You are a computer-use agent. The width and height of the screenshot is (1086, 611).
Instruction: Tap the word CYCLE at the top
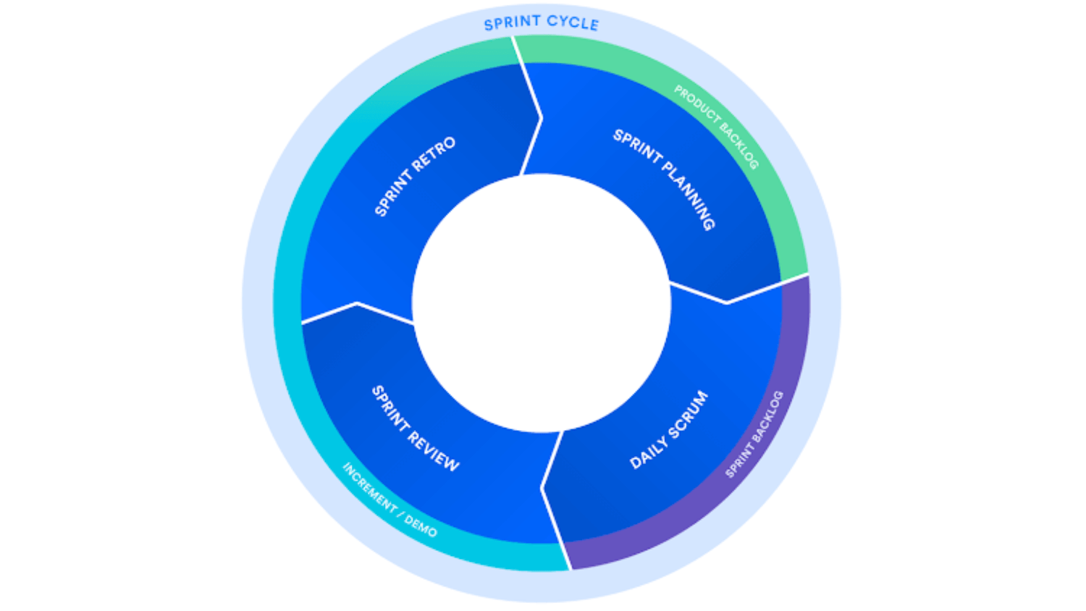[573, 22]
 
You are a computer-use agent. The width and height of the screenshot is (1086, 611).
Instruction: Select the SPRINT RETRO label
[415, 176]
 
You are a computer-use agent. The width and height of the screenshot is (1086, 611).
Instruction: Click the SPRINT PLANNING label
[665, 179]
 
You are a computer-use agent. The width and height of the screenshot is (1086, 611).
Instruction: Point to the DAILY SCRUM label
[669, 429]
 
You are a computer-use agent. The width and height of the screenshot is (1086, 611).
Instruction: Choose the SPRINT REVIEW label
[416, 429]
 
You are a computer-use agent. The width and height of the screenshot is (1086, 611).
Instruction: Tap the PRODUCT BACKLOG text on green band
[716, 127]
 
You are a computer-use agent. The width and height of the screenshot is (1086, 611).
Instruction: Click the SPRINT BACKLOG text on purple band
[754, 434]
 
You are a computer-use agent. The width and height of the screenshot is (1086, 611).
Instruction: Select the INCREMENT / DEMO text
[390, 500]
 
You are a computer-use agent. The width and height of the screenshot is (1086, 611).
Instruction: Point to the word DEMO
[421, 526]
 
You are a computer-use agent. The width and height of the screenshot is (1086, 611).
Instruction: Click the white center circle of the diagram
[542, 303]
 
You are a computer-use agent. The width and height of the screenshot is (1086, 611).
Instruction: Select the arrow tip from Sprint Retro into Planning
[541, 118]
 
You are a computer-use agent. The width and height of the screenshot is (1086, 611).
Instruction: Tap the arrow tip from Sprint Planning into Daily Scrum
[727, 302]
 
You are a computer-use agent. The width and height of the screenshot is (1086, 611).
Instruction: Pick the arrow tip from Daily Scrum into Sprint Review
[542, 487]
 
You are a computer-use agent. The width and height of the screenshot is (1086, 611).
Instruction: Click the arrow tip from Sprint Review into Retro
[357, 303]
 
